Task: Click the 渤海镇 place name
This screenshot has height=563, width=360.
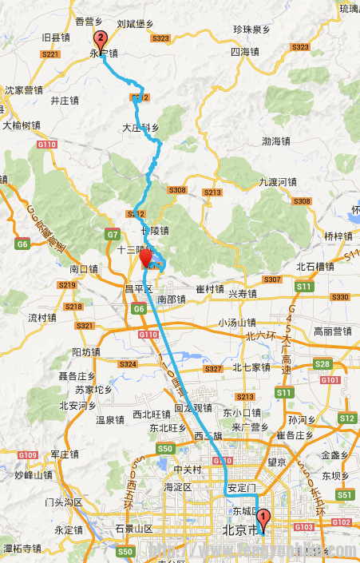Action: (x=276, y=141)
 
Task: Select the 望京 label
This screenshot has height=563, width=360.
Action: (x=278, y=462)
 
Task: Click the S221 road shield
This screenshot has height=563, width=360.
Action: (x=49, y=54)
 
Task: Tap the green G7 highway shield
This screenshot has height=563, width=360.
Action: (x=112, y=234)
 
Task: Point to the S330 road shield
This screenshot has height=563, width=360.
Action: (x=340, y=297)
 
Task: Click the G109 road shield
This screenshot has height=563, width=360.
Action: (x=28, y=455)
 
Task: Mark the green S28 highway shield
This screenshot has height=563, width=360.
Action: (x=322, y=364)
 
